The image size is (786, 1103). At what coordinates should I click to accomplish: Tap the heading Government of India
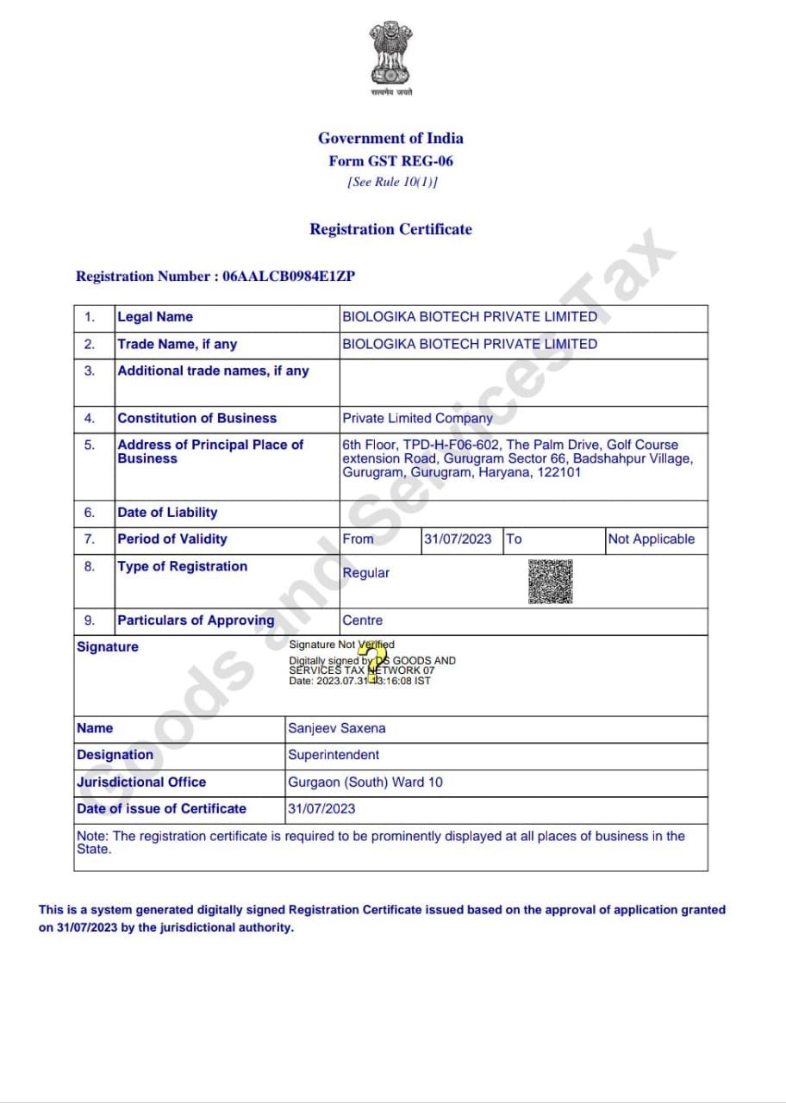click(x=390, y=138)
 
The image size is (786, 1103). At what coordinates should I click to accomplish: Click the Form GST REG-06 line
click(x=390, y=161)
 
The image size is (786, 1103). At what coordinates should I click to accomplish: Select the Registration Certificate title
click(x=390, y=229)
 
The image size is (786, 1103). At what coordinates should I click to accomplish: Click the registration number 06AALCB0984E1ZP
click(x=289, y=277)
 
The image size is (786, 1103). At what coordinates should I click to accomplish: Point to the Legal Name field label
click(x=155, y=317)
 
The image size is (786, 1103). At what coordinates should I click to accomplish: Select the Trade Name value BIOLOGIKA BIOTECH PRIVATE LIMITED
click(x=470, y=344)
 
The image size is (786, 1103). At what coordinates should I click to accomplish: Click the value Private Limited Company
click(x=417, y=418)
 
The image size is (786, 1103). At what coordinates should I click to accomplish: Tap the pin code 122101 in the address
click(x=558, y=472)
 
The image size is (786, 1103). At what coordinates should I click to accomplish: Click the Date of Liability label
click(x=167, y=513)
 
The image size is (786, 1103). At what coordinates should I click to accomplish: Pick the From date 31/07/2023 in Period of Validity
click(x=458, y=539)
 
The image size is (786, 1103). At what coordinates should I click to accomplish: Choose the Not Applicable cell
click(x=651, y=539)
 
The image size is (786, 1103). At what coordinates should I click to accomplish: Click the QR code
click(x=551, y=582)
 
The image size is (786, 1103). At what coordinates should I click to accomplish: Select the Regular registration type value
click(x=366, y=573)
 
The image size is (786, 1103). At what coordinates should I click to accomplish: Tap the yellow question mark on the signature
click(x=376, y=664)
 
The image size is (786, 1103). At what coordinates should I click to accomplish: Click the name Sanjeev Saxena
click(x=337, y=728)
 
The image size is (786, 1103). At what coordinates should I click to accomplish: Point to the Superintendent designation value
click(x=334, y=755)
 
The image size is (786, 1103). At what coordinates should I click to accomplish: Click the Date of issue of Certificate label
click(x=161, y=808)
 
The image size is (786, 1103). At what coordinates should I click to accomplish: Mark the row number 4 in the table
click(x=90, y=418)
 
